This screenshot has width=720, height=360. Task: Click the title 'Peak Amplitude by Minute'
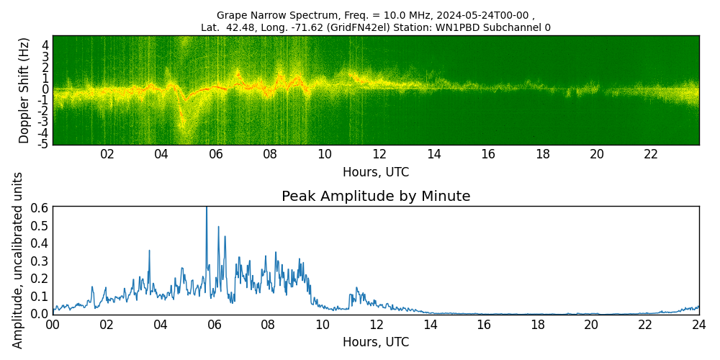pos(376,197)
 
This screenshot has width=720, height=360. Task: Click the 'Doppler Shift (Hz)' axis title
pos(24,90)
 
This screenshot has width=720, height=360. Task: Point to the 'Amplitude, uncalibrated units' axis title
pos(18,260)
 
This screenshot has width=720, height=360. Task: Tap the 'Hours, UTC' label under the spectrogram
pos(376,172)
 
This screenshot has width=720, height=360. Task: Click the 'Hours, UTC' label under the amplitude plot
pos(376,342)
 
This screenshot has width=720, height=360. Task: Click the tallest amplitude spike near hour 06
pos(207,209)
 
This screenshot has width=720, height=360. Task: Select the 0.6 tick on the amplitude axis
pos(40,207)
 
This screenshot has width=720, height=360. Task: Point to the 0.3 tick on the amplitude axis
pos(40,261)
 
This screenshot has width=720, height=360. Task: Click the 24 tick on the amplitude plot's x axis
pos(698,325)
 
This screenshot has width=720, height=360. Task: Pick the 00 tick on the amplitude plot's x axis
pos(53,325)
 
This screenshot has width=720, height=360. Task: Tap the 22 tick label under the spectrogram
pos(651,155)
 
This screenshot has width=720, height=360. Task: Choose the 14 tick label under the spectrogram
pos(433,155)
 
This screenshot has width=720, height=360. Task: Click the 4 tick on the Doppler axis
pos(45,45)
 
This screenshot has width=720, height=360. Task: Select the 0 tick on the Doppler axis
pos(45,89)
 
